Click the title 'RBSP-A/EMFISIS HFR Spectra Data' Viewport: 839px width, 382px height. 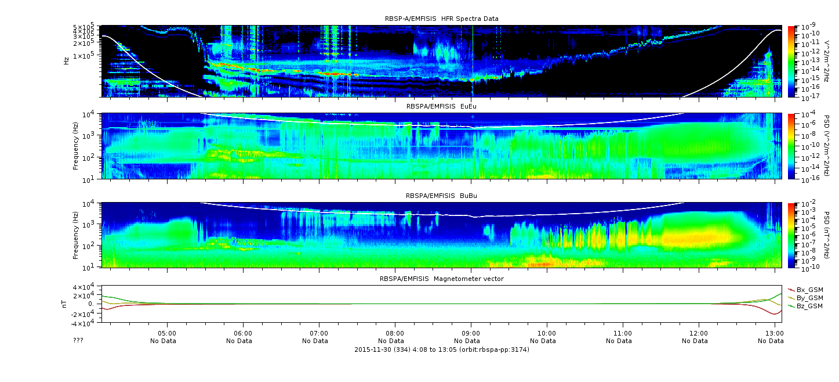tap(442, 19)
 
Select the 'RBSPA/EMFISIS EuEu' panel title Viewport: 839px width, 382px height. tap(442, 106)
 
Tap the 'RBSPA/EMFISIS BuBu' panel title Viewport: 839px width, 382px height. tap(442, 196)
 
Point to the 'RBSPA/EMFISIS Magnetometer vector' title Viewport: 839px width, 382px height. tap(442, 279)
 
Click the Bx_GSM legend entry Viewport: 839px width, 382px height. tap(805, 290)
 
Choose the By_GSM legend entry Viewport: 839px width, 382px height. tap(805, 298)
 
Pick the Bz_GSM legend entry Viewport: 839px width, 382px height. tap(805, 307)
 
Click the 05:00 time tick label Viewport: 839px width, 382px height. tap(167, 333)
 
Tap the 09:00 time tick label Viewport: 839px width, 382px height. tap(471, 333)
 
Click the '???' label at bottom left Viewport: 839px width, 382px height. tap(78, 340)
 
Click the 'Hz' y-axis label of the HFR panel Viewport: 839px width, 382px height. tap(66, 61)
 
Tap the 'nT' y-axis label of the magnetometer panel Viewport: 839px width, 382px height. tap(64, 304)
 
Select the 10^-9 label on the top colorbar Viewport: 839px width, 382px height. tap(808, 27)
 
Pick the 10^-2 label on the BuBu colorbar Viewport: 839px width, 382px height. tap(808, 204)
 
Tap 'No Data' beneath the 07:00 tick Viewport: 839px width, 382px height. tap(315, 341)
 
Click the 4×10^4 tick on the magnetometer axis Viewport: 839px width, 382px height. tap(84, 287)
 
